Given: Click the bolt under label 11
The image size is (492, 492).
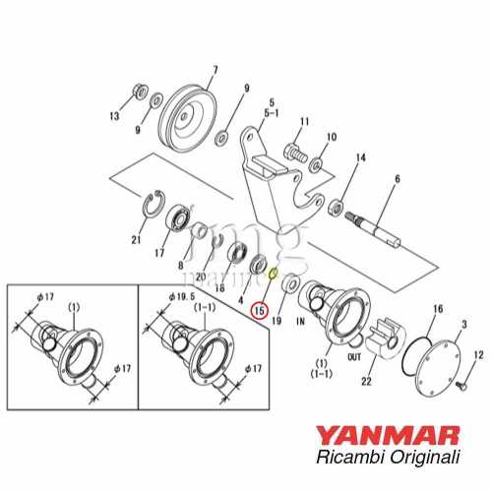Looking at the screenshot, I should pyautogui.click(x=293, y=153).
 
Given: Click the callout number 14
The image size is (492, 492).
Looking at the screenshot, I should pyautogui.click(x=361, y=158).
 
